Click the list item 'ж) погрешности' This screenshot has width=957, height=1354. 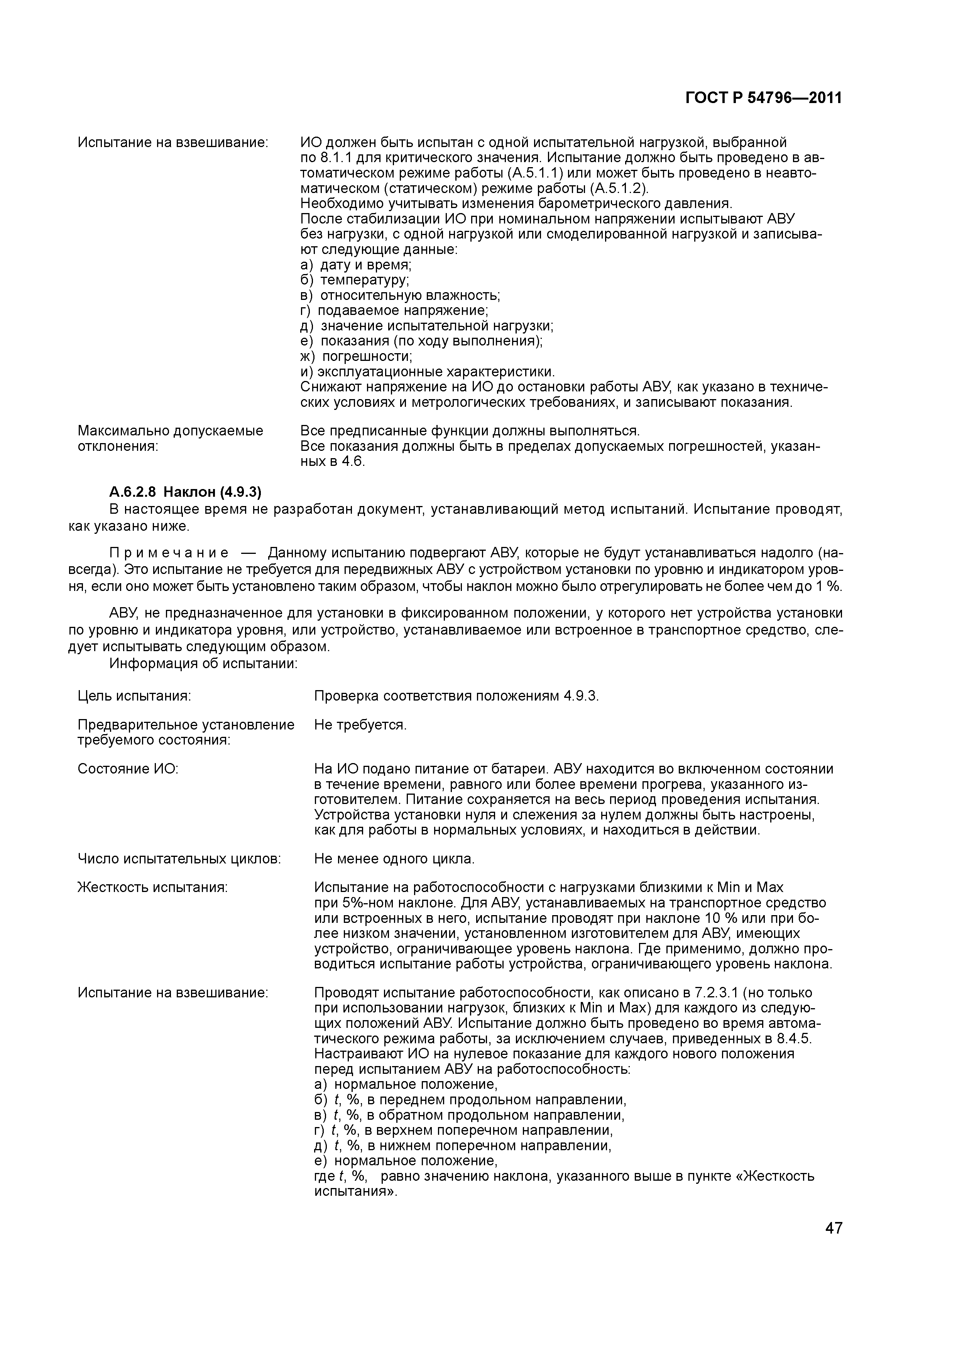pos(356,357)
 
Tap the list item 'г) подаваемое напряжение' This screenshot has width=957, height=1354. pos(394,310)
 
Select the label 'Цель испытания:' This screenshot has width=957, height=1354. pos(134,696)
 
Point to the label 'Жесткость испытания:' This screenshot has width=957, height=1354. pos(153,887)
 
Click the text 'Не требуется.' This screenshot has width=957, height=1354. pos(360,725)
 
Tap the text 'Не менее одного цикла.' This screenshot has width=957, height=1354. pos(394,859)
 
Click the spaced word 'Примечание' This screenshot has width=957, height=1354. pos(169,553)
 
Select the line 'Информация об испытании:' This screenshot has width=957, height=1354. pos(203,664)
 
